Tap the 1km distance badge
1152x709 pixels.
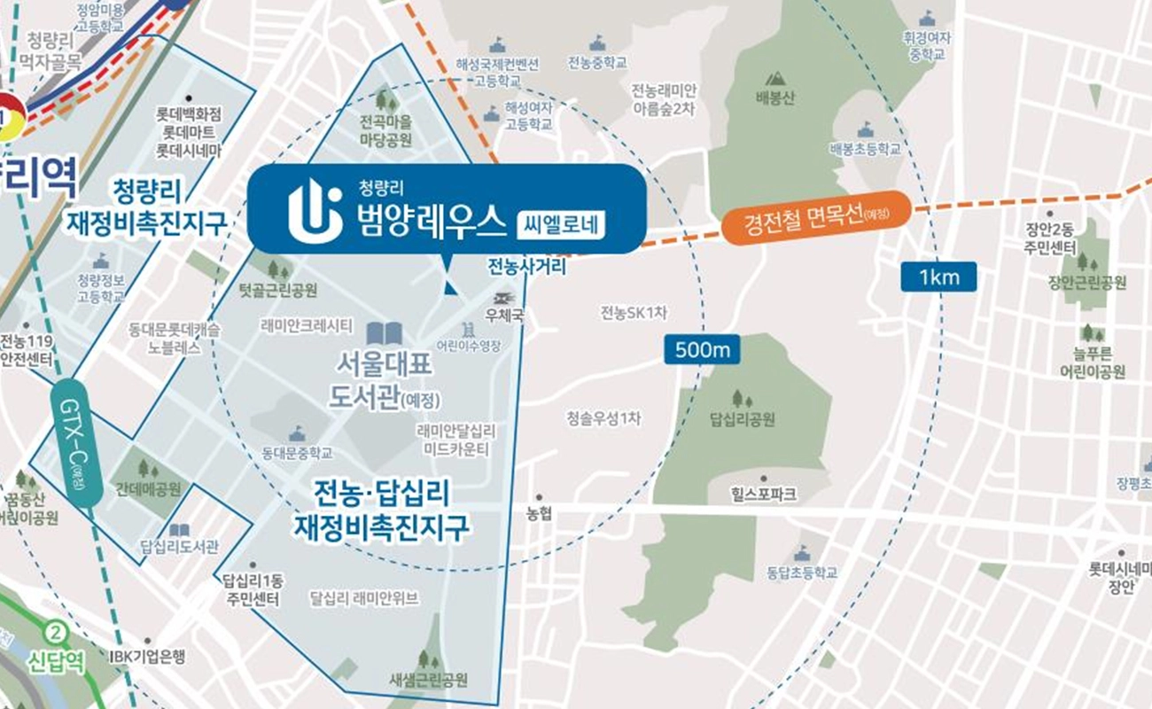(939, 277)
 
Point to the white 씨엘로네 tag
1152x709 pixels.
(560, 223)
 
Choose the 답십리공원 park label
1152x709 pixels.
(743, 417)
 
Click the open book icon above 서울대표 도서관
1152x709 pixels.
(385, 334)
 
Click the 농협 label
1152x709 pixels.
(539, 513)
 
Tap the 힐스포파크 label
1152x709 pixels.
(765, 492)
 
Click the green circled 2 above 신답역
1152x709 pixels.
(57, 633)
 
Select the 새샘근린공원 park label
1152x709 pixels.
(428, 680)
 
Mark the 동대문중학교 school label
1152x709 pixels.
(297, 453)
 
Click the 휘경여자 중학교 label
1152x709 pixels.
(928, 47)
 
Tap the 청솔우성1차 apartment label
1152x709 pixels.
(603, 418)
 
